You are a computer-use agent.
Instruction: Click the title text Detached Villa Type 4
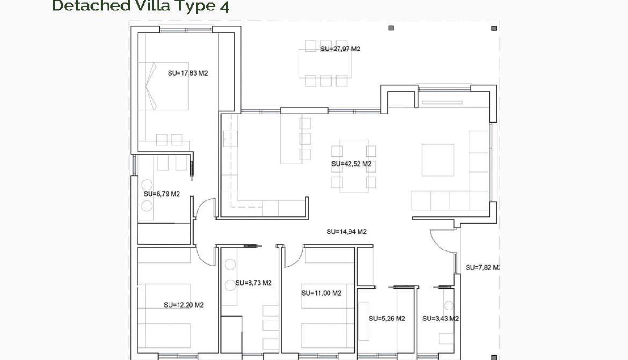[x=140, y=6]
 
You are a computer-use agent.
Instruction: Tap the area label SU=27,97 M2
[x=340, y=49]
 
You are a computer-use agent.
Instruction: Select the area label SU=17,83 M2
[x=188, y=73]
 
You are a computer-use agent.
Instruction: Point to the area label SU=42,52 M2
[x=351, y=164]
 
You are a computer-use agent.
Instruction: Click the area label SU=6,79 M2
[x=161, y=194]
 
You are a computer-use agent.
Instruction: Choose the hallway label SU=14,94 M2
[x=346, y=232]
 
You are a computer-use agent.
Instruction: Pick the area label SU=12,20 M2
[x=183, y=305]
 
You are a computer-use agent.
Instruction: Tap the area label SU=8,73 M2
[x=253, y=283]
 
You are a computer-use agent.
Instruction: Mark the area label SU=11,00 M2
[x=321, y=293]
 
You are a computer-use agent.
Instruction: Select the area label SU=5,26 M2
[x=387, y=319]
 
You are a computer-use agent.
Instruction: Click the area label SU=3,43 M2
[x=440, y=319]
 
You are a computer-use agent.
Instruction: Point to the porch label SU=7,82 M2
[x=482, y=268]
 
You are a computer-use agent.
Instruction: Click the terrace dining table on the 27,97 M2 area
[x=325, y=63]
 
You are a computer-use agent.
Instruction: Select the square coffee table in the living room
[x=438, y=160]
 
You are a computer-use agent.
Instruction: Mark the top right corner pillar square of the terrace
[x=494, y=28]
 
